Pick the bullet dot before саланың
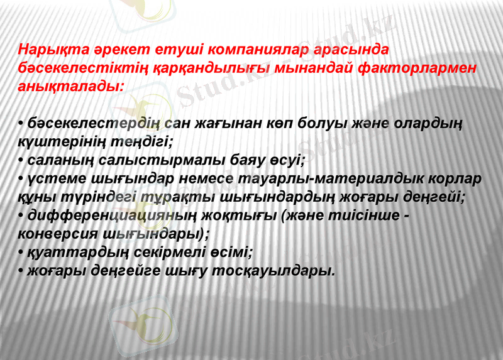(22, 160)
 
